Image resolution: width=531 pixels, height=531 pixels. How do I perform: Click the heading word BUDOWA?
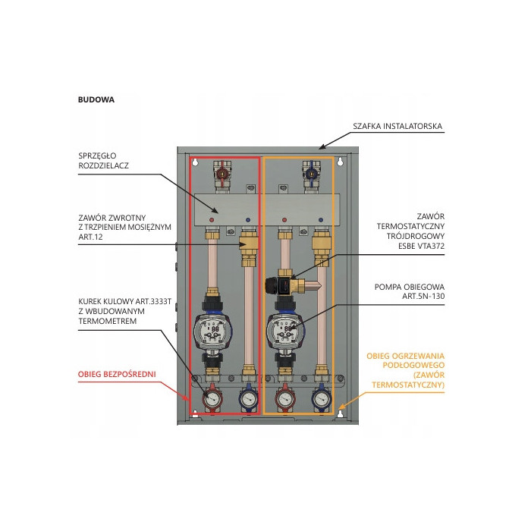pos(96,99)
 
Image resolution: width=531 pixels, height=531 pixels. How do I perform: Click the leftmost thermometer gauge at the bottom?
pos(212,398)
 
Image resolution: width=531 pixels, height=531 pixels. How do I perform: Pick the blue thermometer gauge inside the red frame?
pos(247,398)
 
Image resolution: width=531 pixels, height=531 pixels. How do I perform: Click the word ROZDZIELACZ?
pos(107,165)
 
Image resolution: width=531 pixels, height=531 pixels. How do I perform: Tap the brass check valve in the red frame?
pos(247,246)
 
